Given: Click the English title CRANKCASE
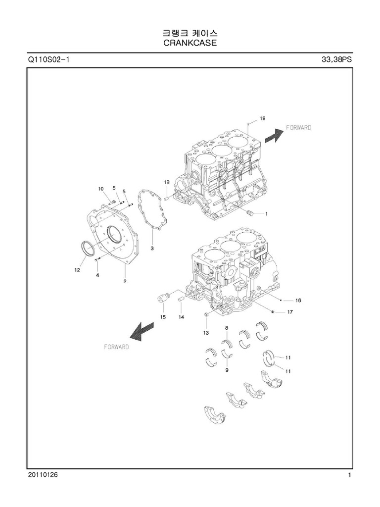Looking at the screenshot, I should point(190,43).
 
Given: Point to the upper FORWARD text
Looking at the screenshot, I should point(299,128).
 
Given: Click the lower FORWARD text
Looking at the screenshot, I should point(116,347).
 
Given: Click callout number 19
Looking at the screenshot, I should point(262,118).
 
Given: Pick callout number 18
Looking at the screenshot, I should point(167,183).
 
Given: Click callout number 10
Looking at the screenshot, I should point(101,189).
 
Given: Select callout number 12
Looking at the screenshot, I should point(77,270).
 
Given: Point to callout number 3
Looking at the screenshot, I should point(152,247).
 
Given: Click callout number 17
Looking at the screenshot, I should point(290,312).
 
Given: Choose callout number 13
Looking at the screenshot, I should point(205,333).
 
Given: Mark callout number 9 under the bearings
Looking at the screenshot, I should point(227,369).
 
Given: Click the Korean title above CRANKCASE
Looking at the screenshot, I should point(190,33).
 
